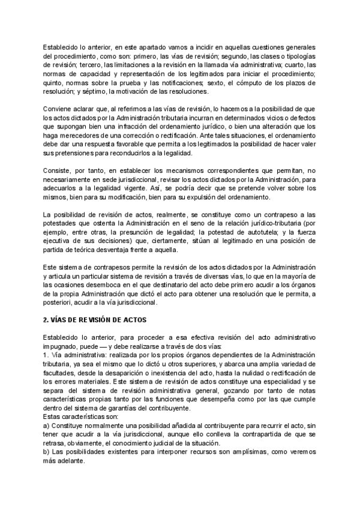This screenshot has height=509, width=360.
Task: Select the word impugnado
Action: pyautogui.click(x=62, y=347)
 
